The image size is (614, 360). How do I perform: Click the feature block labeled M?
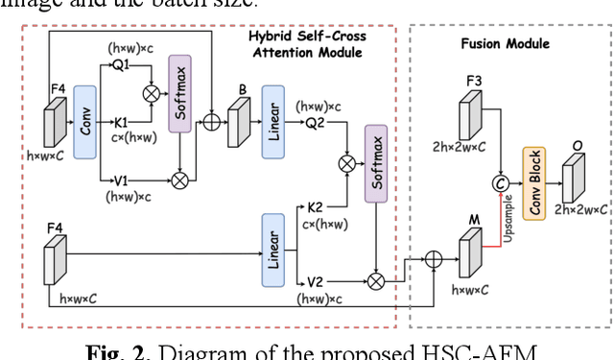[x=469, y=252]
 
